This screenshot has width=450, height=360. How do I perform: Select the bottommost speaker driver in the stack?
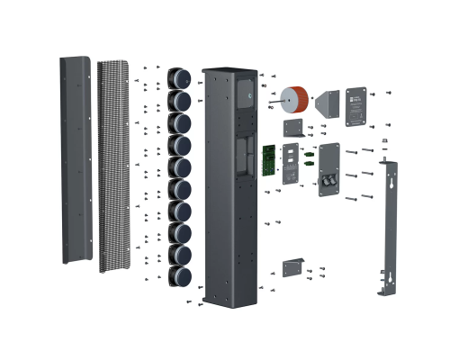[x=180, y=275]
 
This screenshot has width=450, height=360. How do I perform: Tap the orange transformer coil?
[x=297, y=100]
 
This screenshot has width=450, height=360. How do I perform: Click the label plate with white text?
[x=358, y=105]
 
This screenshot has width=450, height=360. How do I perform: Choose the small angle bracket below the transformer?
[x=292, y=127]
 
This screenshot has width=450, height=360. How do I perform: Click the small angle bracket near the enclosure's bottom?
[x=292, y=267]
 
